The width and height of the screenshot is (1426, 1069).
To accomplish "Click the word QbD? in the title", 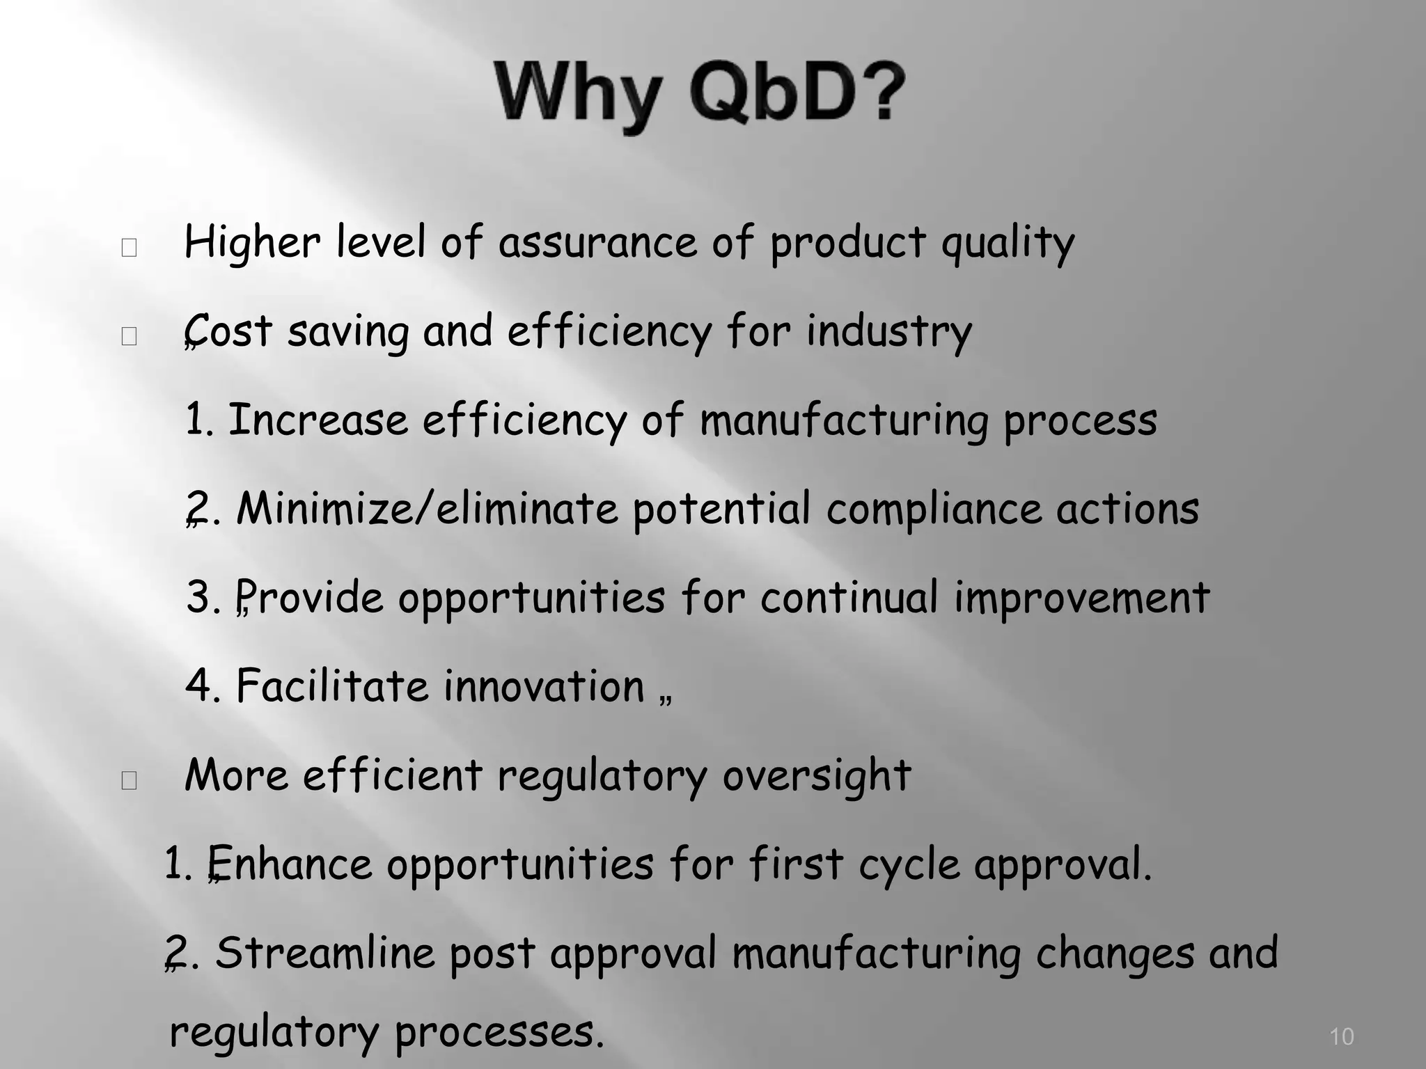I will pyautogui.click(x=797, y=94).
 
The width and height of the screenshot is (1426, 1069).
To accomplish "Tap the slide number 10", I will pyautogui.click(x=1341, y=1036).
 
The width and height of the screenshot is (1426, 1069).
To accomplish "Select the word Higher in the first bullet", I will pyautogui.click(x=252, y=243).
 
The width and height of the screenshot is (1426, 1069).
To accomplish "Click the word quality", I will pyautogui.click(x=1008, y=244).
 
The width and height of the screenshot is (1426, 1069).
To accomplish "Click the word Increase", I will pyautogui.click(x=318, y=420).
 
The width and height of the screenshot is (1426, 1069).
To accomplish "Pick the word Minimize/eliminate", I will pyautogui.click(x=427, y=509).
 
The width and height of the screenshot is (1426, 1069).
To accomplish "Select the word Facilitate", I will pyautogui.click(x=332, y=686).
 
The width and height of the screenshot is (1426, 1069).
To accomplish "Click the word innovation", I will pyautogui.click(x=544, y=686).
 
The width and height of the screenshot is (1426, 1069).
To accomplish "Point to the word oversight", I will pyautogui.click(x=816, y=776).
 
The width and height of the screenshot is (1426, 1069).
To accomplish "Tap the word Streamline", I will pyautogui.click(x=324, y=953).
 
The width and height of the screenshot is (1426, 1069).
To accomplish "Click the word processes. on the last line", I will pyautogui.click(x=499, y=1033).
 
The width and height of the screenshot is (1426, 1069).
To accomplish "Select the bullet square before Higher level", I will pyautogui.click(x=129, y=248).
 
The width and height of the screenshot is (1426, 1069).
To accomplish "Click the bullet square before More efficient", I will pyautogui.click(x=129, y=781).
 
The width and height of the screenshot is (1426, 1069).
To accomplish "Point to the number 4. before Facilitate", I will pyautogui.click(x=203, y=686).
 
